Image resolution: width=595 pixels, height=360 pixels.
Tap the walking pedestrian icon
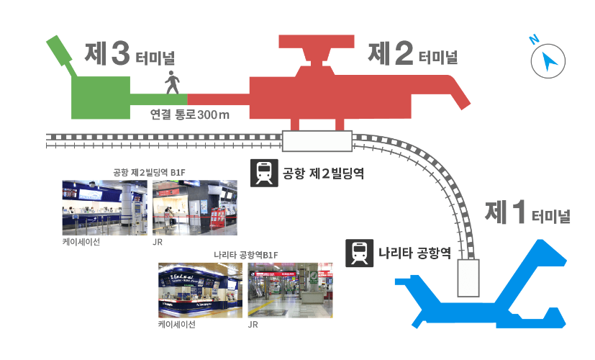pyautogui.click(x=173, y=83)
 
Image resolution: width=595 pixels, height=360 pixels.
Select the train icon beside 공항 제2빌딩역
pyautogui.click(x=264, y=173)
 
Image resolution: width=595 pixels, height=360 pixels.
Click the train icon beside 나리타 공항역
pyautogui.click(x=359, y=253)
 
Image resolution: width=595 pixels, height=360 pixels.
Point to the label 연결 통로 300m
pyautogui.click(x=189, y=114)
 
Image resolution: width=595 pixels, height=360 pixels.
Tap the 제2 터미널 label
pyautogui.click(x=412, y=54)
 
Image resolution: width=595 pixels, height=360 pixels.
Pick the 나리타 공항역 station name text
pyautogui.click(x=414, y=253)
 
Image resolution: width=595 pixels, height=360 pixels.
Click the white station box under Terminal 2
pyautogui.click(x=317, y=140)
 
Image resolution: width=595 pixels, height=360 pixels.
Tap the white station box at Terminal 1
pyautogui.click(x=469, y=279)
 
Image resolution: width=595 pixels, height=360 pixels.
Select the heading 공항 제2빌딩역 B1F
pyautogui.click(x=150, y=172)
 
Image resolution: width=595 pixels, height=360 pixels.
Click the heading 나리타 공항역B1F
pyautogui.click(x=246, y=255)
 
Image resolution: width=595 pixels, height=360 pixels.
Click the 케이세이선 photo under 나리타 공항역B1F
pyautogui.click(x=200, y=290)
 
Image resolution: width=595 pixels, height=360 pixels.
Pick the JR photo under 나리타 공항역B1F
pyautogui.click(x=291, y=290)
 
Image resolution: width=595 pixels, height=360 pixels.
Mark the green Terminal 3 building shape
pyautogui.click(x=99, y=95)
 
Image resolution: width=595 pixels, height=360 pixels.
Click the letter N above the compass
pyautogui.click(x=535, y=40)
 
